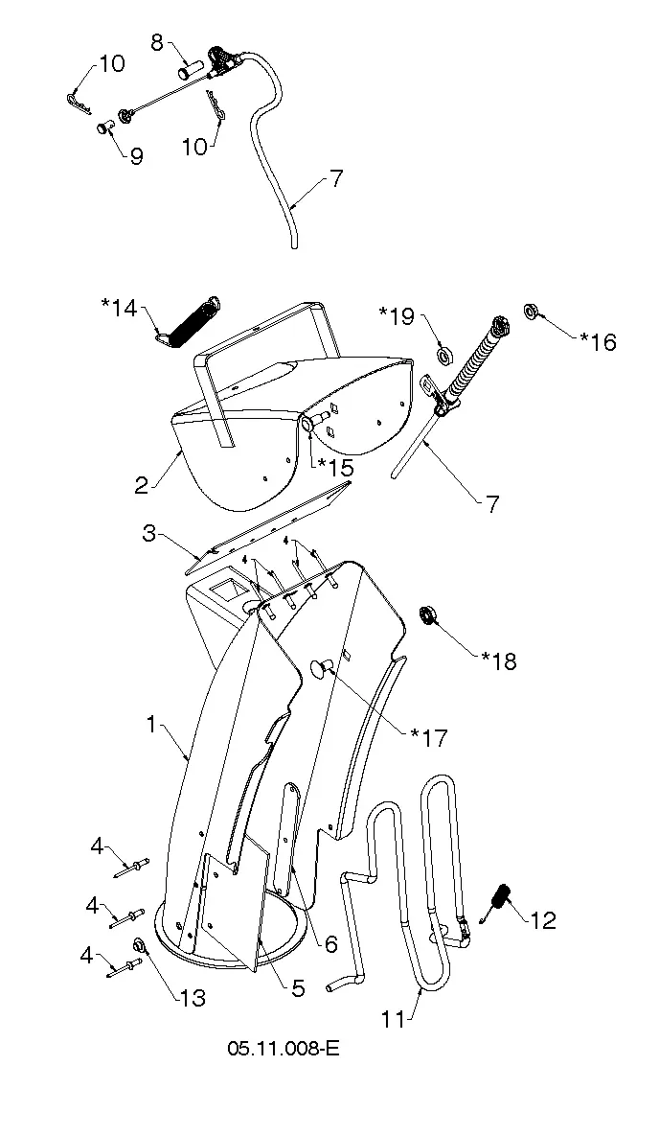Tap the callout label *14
click(x=119, y=309)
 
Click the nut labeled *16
click(x=531, y=312)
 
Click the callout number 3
click(x=148, y=534)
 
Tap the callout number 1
click(x=151, y=723)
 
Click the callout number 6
click(x=331, y=944)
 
